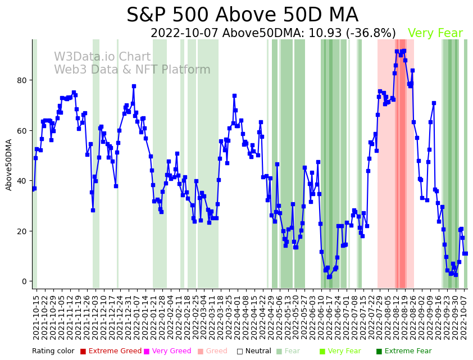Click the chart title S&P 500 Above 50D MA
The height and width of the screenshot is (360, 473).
click(x=242, y=15)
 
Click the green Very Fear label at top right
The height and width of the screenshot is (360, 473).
click(x=435, y=34)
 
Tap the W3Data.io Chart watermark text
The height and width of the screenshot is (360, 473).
click(x=102, y=57)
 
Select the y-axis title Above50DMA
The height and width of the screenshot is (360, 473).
click(x=9, y=165)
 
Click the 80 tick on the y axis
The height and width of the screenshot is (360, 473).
click(x=22, y=80)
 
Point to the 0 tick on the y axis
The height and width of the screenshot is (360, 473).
click(x=24, y=281)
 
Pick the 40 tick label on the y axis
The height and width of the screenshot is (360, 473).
click(x=22, y=181)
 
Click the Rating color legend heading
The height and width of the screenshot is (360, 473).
click(x=53, y=351)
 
